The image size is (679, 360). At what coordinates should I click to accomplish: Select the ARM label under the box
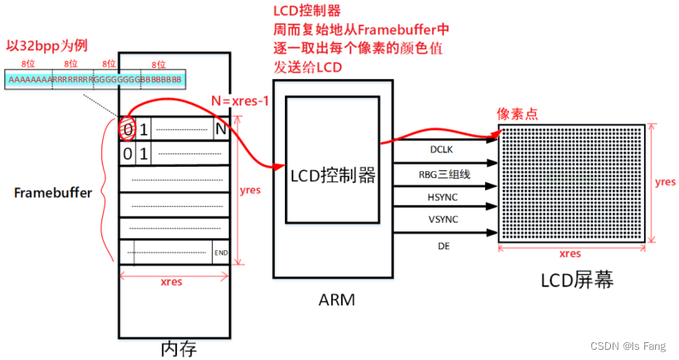pyautogui.click(x=338, y=300)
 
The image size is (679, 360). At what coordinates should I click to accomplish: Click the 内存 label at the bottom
pyautogui.click(x=180, y=348)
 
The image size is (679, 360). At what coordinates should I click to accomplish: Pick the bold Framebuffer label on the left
pyautogui.click(x=52, y=192)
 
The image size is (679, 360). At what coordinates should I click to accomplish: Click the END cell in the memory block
pyautogui.click(x=220, y=253)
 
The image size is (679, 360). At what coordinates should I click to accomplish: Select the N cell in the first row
pyautogui.click(x=221, y=130)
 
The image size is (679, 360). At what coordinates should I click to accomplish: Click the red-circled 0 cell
pyautogui.click(x=128, y=130)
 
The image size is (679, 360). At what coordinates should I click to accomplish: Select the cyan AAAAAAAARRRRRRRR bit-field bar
pyautogui.click(x=94, y=80)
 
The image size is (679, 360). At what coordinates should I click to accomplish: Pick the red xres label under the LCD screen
pyautogui.click(x=569, y=253)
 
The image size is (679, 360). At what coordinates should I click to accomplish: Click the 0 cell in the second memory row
pyautogui.click(x=128, y=154)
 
